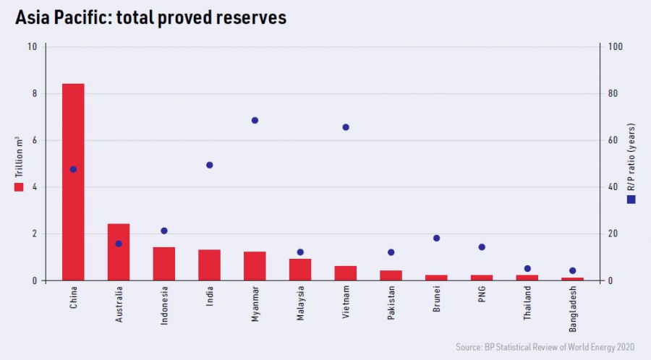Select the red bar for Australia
[119, 252]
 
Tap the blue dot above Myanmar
[255, 120]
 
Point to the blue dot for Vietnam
[346, 127]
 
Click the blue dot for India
[210, 165]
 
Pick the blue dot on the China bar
[73, 169]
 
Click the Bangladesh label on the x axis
[572, 309]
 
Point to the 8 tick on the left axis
[32, 94]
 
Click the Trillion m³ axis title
[19, 159]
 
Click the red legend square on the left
[19, 187]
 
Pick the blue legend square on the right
[631, 200]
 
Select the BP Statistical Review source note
[547, 347]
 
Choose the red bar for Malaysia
[300, 270]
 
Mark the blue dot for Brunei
[436, 238]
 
